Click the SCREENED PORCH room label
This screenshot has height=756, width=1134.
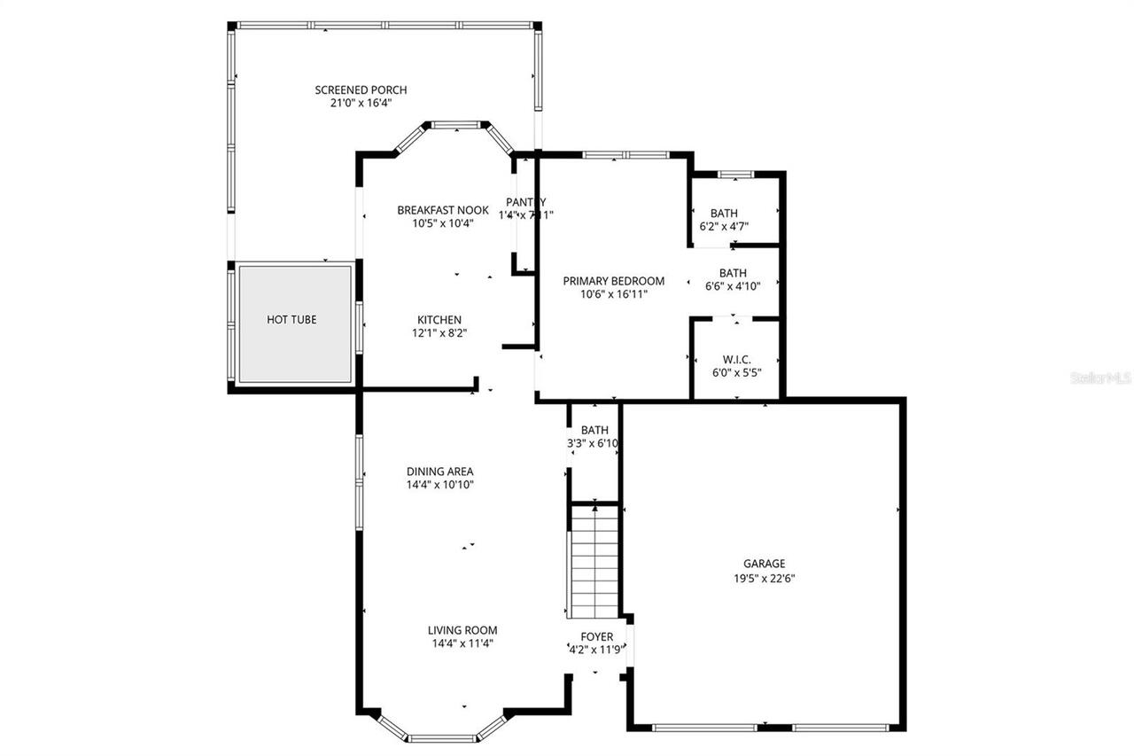click(361, 90)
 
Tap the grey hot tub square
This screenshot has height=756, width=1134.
click(294, 323)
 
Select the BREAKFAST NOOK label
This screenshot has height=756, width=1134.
click(442, 210)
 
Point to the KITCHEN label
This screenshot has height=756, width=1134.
click(439, 320)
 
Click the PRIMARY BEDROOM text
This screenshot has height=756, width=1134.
click(613, 281)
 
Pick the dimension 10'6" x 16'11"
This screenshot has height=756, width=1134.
click(613, 294)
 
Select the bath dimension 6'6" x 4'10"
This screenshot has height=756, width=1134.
click(733, 286)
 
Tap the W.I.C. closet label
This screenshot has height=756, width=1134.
click(736, 359)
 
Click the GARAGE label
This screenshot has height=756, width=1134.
click(764, 564)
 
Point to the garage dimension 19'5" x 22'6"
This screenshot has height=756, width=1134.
click(764, 577)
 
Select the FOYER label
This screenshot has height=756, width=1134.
click(596, 636)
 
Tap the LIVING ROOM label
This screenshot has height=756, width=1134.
click(462, 630)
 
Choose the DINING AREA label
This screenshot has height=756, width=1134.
click(439, 472)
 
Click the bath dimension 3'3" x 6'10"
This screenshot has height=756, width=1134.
click(594, 443)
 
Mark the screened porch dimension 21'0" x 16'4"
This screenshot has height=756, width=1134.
click(361, 103)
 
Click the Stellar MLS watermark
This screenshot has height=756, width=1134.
click(1101, 378)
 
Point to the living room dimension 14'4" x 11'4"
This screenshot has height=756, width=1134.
click(462, 643)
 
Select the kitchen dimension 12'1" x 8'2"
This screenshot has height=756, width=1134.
click(439, 333)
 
